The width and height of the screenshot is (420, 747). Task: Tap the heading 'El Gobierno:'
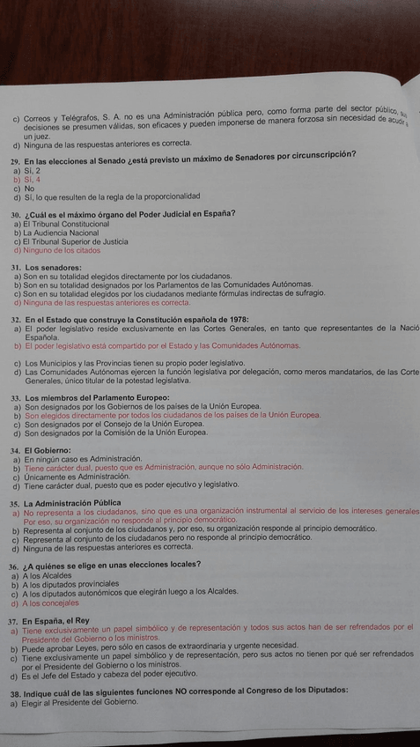52,450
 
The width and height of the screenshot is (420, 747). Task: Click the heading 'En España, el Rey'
66,619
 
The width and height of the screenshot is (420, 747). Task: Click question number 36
15,564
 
